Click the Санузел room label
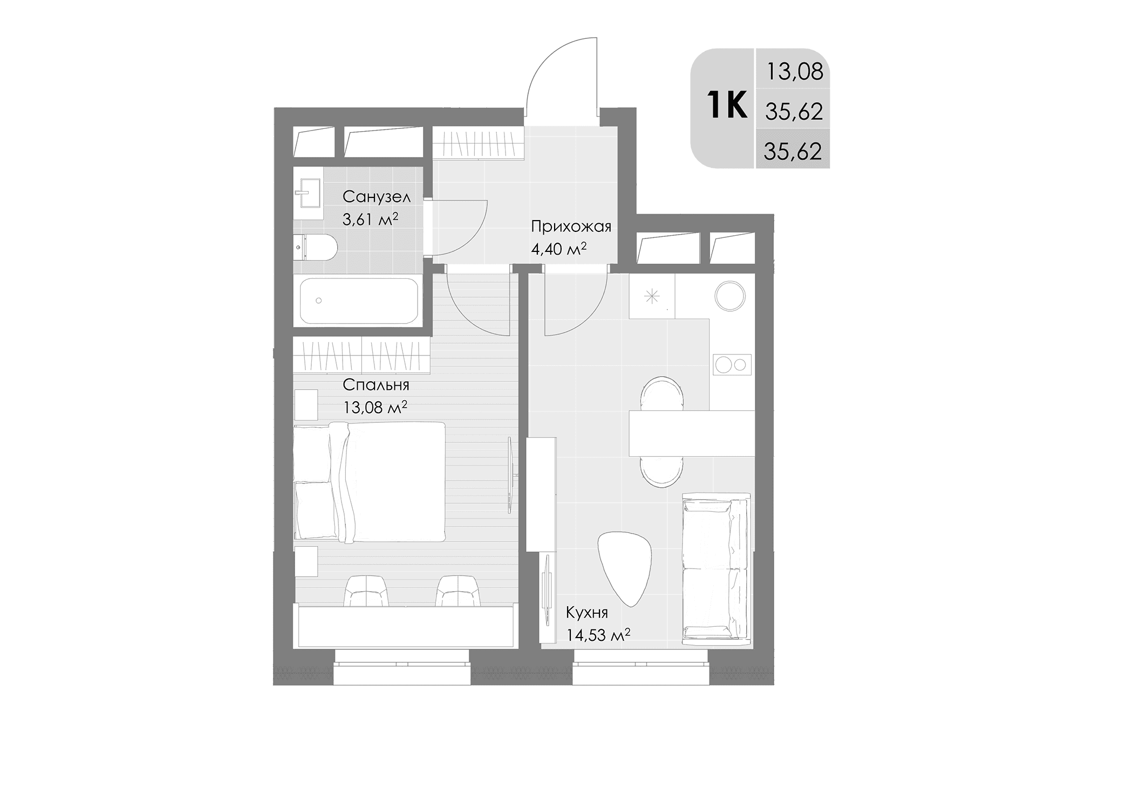[377, 197]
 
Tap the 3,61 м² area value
[370, 219]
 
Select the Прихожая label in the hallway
[571, 227]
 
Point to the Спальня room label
[376, 385]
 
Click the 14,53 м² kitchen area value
[598, 635]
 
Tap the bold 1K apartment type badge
[726, 105]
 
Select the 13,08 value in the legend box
[795, 72]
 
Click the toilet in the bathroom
[316, 248]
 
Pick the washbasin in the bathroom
[308, 193]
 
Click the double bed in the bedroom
[370, 482]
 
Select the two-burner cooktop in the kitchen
[732, 365]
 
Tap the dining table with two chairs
[692, 433]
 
